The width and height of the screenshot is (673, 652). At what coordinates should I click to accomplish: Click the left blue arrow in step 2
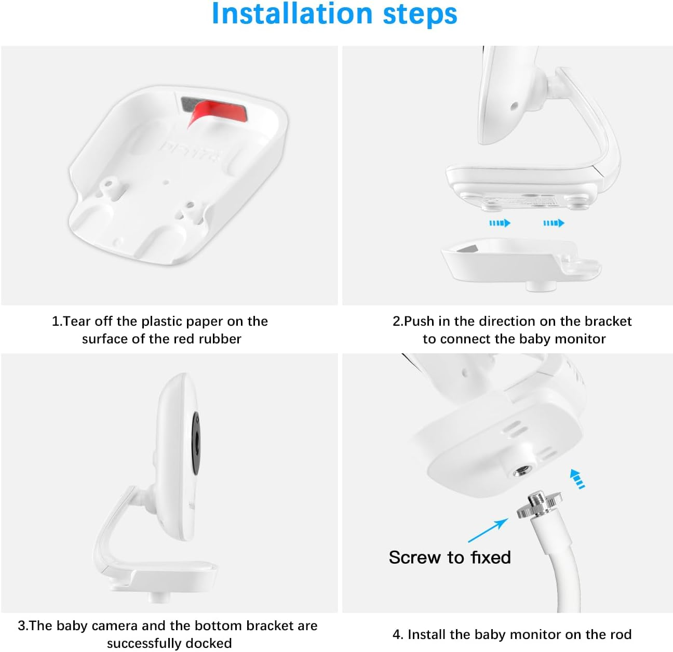(500, 223)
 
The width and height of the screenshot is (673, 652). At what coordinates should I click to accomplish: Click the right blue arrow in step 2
(554, 223)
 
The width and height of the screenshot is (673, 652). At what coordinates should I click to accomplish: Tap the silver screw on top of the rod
(540, 503)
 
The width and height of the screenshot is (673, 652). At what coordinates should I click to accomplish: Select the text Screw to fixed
(450, 557)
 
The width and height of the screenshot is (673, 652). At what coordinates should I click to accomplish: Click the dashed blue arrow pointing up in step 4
(576, 478)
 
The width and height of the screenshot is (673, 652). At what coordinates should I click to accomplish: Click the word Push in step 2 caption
(420, 321)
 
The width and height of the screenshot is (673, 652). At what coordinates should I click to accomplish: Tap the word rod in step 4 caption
(621, 634)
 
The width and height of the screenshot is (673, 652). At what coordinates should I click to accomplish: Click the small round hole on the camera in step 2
(514, 106)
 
